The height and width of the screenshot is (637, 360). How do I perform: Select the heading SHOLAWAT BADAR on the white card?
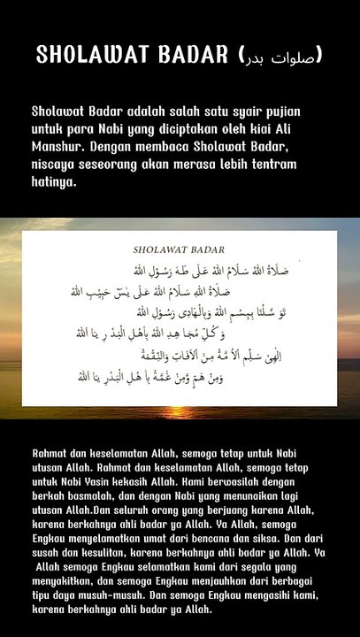179,249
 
